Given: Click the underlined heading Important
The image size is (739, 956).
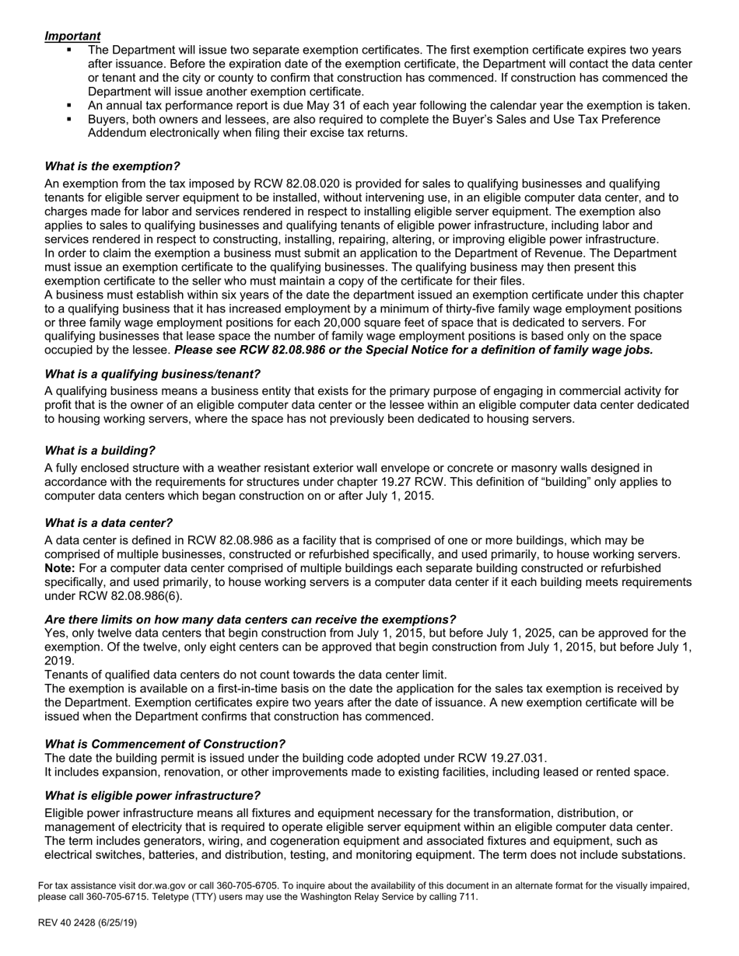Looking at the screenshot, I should coord(72,36).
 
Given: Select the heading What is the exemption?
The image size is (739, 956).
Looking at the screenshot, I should coord(112,166).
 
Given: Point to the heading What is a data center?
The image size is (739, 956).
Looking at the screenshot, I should coord(108,523).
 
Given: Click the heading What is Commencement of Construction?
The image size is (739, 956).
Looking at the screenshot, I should coord(165,744).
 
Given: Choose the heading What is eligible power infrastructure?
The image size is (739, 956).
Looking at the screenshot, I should coord(152,795).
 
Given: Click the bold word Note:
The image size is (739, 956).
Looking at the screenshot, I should coord(60,568).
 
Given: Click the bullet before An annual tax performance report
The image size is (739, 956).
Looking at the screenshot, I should coord(69,105).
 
